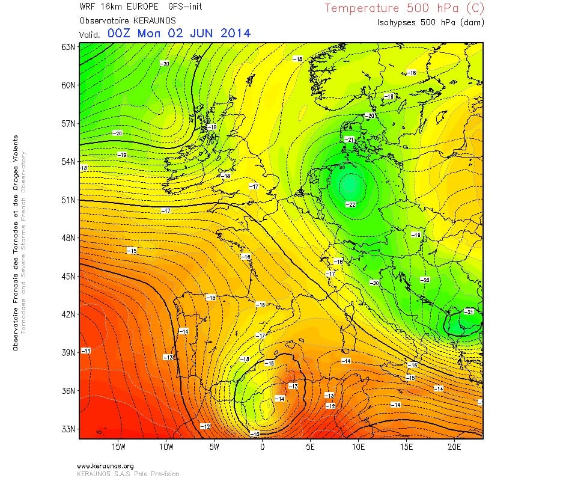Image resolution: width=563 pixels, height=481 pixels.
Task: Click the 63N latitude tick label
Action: pyautogui.click(x=68, y=47)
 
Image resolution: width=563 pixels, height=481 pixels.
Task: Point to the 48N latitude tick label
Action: pyautogui.click(x=68, y=238)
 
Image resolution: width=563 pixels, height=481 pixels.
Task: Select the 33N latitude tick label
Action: pyautogui.click(x=68, y=429)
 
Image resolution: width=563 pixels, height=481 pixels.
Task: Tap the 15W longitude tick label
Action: pyautogui.click(x=118, y=447)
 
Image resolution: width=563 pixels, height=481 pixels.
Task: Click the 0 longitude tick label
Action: pyautogui.click(x=262, y=447)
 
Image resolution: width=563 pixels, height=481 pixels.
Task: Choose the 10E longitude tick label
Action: pyautogui.click(x=358, y=447)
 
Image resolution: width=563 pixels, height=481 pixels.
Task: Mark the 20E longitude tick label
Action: pyautogui.click(x=454, y=447)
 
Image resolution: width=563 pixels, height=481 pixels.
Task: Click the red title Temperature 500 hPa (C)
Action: pyautogui.click(x=404, y=8)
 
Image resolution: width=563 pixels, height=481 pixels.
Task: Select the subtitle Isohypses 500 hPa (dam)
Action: pyautogui.click(x=430, y=22)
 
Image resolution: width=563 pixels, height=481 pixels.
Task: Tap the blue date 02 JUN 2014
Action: pyautogui.click(x=205, y=33)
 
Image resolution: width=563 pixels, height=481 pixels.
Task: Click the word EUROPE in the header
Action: pyautogui.click(x=142, y=7)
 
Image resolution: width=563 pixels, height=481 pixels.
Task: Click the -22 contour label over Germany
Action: pyautogui.click(x=351, y=204)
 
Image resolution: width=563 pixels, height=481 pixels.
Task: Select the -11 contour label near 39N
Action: pyautogui.click(x=86, y=351)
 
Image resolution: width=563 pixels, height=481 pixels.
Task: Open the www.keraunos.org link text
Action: pyautogui.click(x=105, y=465)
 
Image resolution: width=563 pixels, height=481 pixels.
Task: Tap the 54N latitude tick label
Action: pyautogui.click(x=68, y=162)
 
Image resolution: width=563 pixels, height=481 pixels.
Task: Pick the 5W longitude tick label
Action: pyautogui.click(x=214, y=447)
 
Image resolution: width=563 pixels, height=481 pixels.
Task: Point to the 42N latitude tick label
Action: pyautogui.click(x=68, y=314)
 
